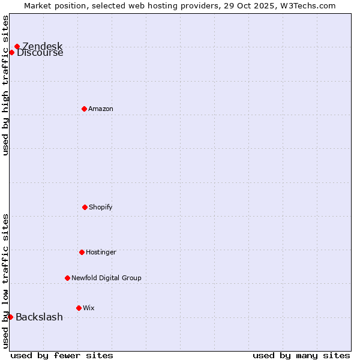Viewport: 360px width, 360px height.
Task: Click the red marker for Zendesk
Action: [x=17, y=46]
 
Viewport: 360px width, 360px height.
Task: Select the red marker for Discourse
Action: [x=11, y=52]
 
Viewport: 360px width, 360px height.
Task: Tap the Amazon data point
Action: [x=84, y=109]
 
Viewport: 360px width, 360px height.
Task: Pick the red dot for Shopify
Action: [x=85, y=207]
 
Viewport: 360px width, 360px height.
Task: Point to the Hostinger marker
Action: [x=82, y=252]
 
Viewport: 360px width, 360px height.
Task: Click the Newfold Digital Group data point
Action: [x=67, y=278]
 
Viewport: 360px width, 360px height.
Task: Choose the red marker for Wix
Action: [x=79, y=308]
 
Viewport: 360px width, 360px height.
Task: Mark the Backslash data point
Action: [x=10, y=317]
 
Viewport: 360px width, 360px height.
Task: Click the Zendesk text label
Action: [x=42, y=46]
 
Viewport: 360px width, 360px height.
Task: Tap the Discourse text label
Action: [x=40, y=53]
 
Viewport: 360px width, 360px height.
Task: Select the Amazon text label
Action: [x=101, y=109]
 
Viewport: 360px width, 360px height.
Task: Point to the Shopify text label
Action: [x=101, y=207]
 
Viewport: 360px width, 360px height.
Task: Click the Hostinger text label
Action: [x=101, y=252]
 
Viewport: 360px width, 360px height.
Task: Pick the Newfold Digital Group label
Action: [x=106, y=278]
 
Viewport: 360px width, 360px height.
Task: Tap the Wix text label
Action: [x=89, y=308]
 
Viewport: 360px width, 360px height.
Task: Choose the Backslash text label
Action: [x=39, y=317]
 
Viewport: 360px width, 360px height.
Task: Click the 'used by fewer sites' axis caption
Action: [x=62, y=355]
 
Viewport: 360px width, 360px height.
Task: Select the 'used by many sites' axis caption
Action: [x=301, y=355]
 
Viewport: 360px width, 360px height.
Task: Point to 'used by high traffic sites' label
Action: [x=6, y=85]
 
